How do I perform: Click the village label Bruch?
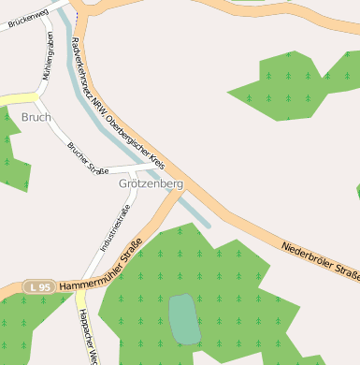pyautogui.click(x=36, y=117)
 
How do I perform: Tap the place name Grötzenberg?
pyautogui.click(x=151, y=184)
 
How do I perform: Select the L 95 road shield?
pyautogui.click(x=38, y=286)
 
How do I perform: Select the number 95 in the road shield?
pyautogui.click(x=42, y=286)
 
